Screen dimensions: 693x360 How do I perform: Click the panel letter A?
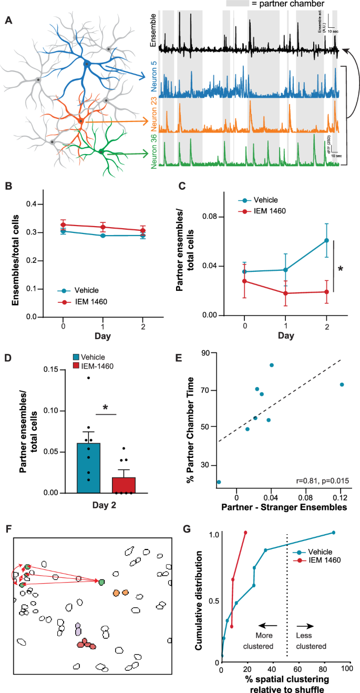pyautogui.click(x=9, y=21)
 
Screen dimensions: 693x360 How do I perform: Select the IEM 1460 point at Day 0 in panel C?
pyautogui.click(x=244, y=281)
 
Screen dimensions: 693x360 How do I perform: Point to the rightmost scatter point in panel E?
pyautogui.click(x=342, y=385)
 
